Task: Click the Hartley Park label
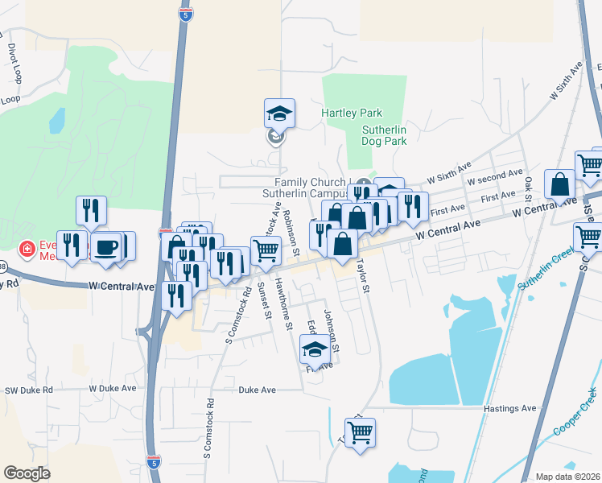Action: pos(352,114)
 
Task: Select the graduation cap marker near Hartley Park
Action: pos(279,114)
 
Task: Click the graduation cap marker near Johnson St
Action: pos(315,349)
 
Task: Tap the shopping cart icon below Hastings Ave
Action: pos(360,432)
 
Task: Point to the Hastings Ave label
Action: pos(509,409)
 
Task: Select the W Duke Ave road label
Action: pos(109,389)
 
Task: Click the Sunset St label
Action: pos(263,303)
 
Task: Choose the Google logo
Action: pos(27,473)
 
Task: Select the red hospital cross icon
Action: pos(27,250)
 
